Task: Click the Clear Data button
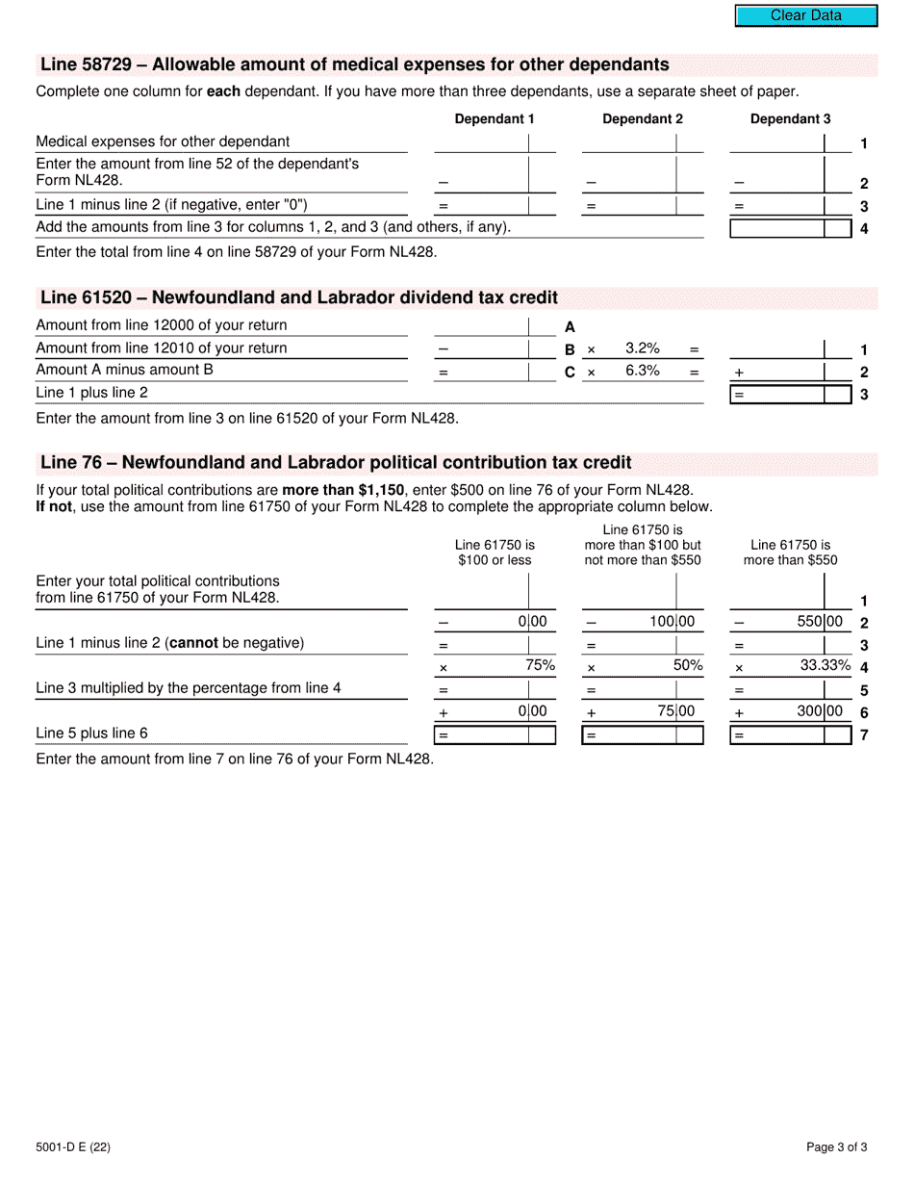(x=806, y=15)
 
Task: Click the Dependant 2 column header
(x=643, y=119)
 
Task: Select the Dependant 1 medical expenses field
(x=481, y=142)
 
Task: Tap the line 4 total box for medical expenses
(x=777, y=228)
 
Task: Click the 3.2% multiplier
(x=643, y=348)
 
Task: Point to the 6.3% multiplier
(x=643, y=371)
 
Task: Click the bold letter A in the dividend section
(x=570, y=327)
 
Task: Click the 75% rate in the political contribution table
(x=540, y=665)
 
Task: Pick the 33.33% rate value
(x=825, y=665)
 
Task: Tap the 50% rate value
(x=688, y=665)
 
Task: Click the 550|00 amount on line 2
(x=820, y=622)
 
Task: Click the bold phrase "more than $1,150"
(x=343, y=490)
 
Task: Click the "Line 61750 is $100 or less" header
(x=495, y=553)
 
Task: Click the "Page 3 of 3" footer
(x=837, y=1146)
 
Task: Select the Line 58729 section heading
(x=354, y=65)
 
